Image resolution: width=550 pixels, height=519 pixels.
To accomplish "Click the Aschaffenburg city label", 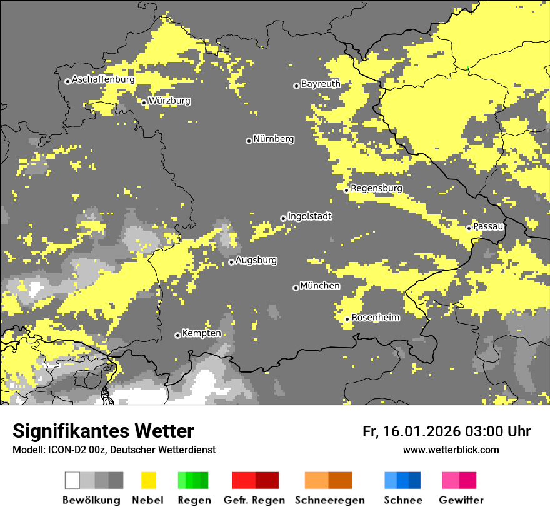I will click(x=103, y=80).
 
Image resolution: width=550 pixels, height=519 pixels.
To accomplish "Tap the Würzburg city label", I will click(x=169, y=101).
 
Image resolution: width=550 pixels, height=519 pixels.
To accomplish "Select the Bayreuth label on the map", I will click(x=321, y=84).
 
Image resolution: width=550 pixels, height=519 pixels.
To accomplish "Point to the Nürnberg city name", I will click(x=274, y=139).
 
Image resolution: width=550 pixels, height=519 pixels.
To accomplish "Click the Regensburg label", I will click(x=376, y=188).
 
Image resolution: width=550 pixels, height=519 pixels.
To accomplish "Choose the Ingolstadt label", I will click(x=310, y=216).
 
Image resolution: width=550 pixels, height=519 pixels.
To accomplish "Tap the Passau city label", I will click(x=488, y=226).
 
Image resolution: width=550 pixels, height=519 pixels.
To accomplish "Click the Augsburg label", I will click(x=256, y=260).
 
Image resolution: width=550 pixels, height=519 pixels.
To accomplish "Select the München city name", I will click(x=320, y=286).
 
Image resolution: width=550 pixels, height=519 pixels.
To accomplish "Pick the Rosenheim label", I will click(x=376, y=318).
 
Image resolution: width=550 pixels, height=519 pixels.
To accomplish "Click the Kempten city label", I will click(x=201, y=333).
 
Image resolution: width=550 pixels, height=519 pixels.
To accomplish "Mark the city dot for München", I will click(x=296, y=288).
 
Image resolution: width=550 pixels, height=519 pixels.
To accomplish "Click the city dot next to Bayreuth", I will click(x=296, y=86).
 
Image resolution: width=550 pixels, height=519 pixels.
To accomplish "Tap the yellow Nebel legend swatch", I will click(x=148, y=480).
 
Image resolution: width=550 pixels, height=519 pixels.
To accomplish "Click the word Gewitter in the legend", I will click(x=461, y=500).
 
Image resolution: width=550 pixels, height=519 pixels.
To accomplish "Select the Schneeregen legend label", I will click(x=330, y=500).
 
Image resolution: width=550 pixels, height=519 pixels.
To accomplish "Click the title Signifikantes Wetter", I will click(x=103, y=431).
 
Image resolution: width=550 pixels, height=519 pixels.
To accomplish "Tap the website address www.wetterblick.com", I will click(x=451, y=450).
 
